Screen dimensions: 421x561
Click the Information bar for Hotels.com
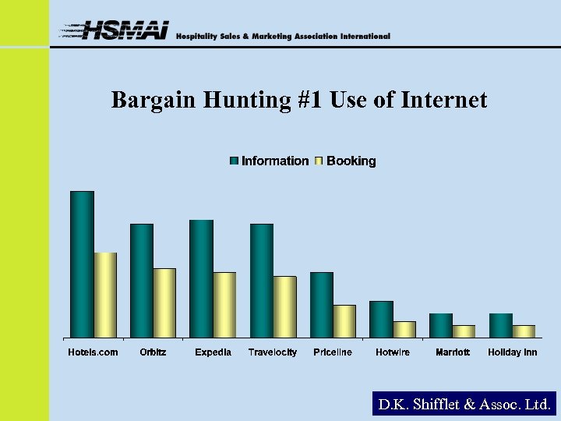tap(82, 264)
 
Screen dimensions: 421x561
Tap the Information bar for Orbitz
tap(142, 281)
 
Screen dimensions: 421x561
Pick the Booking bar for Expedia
tap(224, 305)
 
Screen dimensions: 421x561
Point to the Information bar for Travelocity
tap(261, 281)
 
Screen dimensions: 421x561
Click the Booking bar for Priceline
tap(344, 321)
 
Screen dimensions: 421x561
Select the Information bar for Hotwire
tap(381, 319)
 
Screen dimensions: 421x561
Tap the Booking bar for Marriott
tap(464, 331)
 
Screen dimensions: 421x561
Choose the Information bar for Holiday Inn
tap(500, 325)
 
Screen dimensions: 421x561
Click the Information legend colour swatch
tap(234, 161)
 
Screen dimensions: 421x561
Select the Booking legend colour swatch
tap(319, 161)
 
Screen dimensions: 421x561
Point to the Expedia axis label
tap(213, 352)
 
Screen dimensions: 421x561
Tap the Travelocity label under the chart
tap(272, 352)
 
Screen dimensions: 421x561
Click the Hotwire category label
tap(392, 352)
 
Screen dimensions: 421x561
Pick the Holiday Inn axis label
tap(512, 352)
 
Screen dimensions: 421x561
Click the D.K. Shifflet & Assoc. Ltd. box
tap(464, 405)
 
